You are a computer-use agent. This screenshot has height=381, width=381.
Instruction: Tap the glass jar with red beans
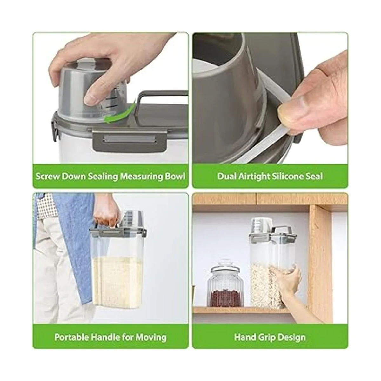coord(225,284)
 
